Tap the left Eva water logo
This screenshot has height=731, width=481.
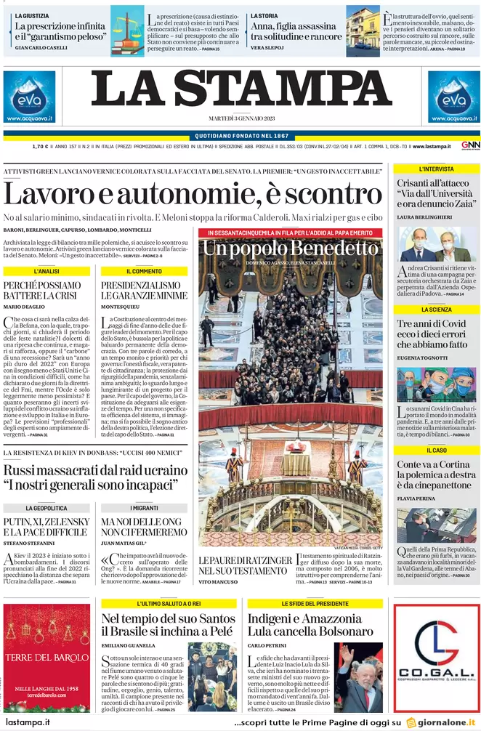[x=29, y=97]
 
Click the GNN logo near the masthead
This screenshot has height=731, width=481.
[x=469, y=146]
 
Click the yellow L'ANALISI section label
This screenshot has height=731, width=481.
[x=47, y=271]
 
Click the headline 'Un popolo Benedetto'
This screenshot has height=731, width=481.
[x=290, y=249]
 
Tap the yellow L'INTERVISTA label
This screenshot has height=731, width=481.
[x=435, y=169]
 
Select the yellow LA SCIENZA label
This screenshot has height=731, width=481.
[x=435, y=310]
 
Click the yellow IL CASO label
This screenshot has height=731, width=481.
[x=435, y=451]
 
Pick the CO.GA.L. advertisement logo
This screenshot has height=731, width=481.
[x=436, y=658]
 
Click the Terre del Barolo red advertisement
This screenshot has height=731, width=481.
[x=47, y=658]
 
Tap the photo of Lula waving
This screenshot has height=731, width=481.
[x=358, y=677]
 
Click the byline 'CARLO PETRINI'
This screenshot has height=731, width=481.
[x=266, y=645]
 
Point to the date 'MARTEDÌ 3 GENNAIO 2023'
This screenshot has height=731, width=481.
[x=240, y=118]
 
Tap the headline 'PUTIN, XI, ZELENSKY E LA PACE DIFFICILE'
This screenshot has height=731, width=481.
[x=47, y=527]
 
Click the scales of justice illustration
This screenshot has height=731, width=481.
[x=127, y=31]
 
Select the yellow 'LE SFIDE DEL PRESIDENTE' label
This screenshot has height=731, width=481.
[x=315, y=604]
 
